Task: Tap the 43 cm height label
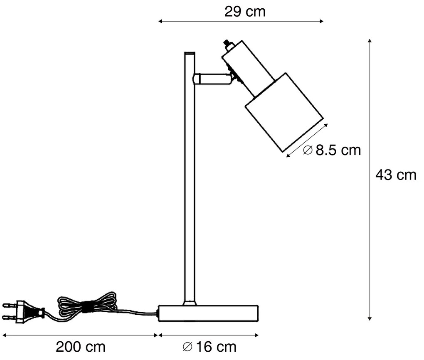395,175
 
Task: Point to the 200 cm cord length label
81,346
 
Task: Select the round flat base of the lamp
209,313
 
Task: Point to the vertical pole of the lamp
189,179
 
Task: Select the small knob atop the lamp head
227,43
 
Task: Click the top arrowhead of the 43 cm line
369,41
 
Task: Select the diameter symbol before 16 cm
187,346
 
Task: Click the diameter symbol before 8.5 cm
308,150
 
